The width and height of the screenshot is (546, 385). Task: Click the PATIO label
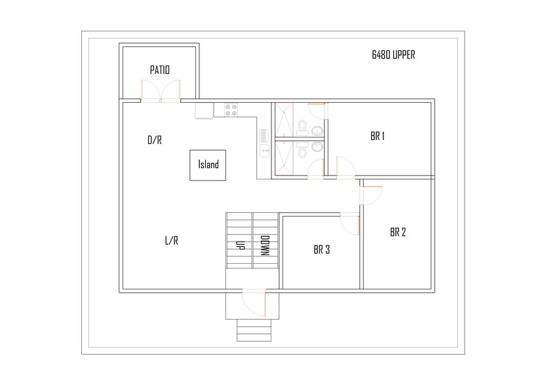click(x=159, y=69)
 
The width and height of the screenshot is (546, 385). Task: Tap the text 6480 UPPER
click(x=393, y=55)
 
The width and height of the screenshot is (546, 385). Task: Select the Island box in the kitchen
click(x=208, y=165)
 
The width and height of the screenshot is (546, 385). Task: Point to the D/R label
click(x=154, y=140)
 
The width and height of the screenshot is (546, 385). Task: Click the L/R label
click(x=171, y=240)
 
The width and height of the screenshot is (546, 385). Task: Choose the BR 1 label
click(x=377, y=137)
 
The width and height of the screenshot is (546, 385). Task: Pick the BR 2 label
click(x=397, y=232)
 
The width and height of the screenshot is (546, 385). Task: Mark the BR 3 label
click(x=321, y=249)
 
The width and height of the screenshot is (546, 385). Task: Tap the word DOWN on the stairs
click(x=265, y=247)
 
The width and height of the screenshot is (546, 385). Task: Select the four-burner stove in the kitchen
click(x=231, y=111)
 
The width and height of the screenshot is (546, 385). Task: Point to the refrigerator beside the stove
click(x=204, y=112)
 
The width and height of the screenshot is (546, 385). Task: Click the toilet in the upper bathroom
click(x=302, y=124)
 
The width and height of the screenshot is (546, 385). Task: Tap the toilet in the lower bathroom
click(x=302, y=151)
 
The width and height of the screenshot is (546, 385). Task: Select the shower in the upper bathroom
click(x=285, y=120)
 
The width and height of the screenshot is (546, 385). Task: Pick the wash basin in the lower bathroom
click(x=317, y=147)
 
